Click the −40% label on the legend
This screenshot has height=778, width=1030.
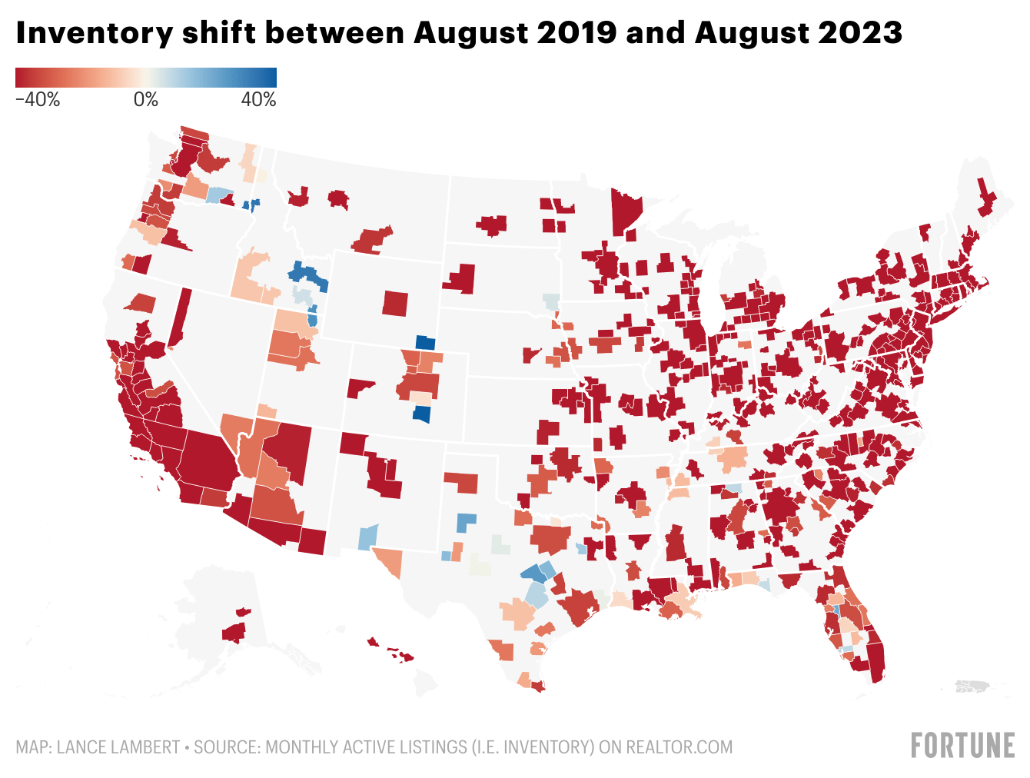click(38, 100)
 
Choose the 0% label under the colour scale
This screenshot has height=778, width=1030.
click(146, 100)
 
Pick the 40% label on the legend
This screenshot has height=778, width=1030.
click(259, 100)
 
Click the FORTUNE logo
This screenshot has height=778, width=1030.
click(962, 746)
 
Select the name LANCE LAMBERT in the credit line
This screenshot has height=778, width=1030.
click(118, 747)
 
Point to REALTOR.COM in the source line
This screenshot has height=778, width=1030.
click(679, 747)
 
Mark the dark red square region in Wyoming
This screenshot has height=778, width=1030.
click(396, 303)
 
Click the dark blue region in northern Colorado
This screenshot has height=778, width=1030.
click(425, 343)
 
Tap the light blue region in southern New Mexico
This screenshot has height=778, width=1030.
click(368, 536)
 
